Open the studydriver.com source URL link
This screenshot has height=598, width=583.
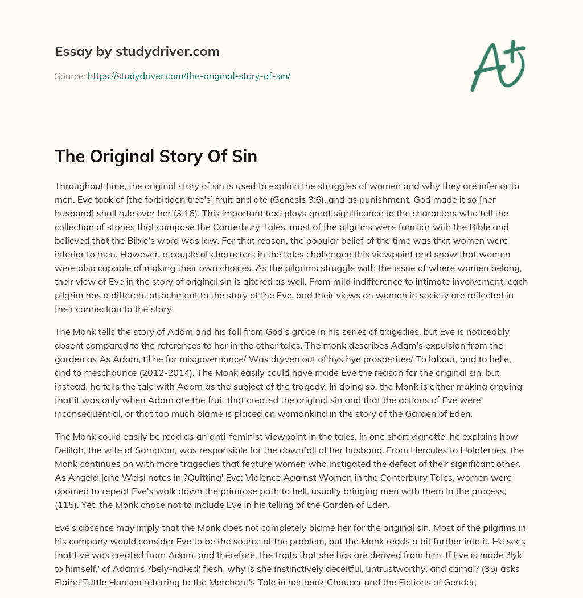pyautogui.click(x=189, y=76)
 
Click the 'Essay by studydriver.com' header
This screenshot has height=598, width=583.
pyautogui.click(x=137, y=51)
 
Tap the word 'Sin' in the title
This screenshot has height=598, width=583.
pyautogui.click(x=245, y=156)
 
